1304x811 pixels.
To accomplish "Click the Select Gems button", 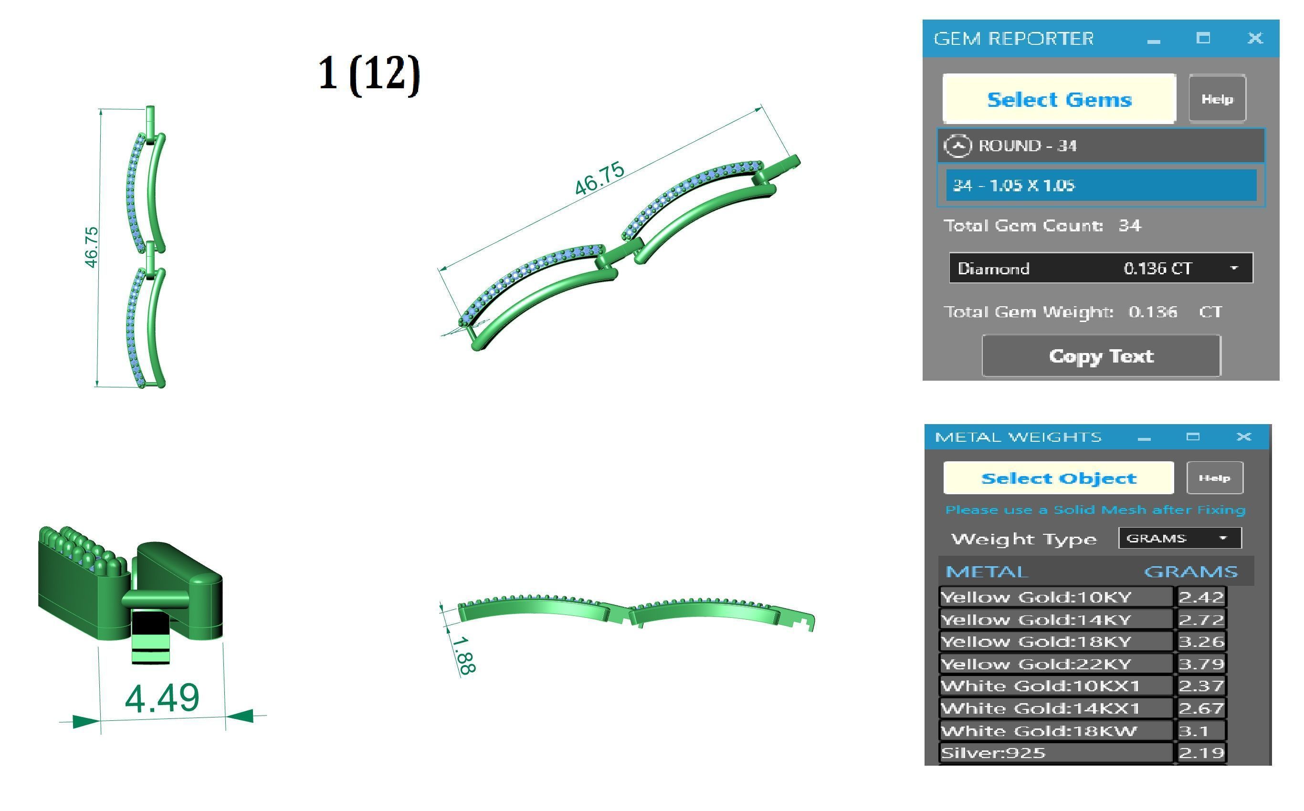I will [1059, 99].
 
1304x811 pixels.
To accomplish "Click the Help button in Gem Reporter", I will [1217, 99].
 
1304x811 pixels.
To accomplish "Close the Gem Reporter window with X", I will [1255, 38].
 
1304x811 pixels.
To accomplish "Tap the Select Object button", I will [1058, 478].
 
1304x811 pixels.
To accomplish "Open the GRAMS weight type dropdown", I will [1179, 538].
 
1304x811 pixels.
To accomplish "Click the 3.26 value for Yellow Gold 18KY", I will [1201, 642].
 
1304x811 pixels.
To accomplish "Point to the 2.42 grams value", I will [1201, 597].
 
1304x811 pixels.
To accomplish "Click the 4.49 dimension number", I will [162, 698].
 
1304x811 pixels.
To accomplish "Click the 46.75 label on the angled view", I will [599, 178].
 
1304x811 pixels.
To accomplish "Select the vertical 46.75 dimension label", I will [91, 247].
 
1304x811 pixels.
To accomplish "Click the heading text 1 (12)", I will [369, 74].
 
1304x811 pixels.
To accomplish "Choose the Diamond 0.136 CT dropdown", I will [1101, 268].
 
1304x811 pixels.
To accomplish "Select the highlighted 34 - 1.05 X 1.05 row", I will [1101, 186].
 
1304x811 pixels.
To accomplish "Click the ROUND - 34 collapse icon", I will [957, 146].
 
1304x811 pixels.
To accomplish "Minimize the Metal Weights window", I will [1144, 437].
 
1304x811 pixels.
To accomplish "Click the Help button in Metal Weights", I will [1214, 478].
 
